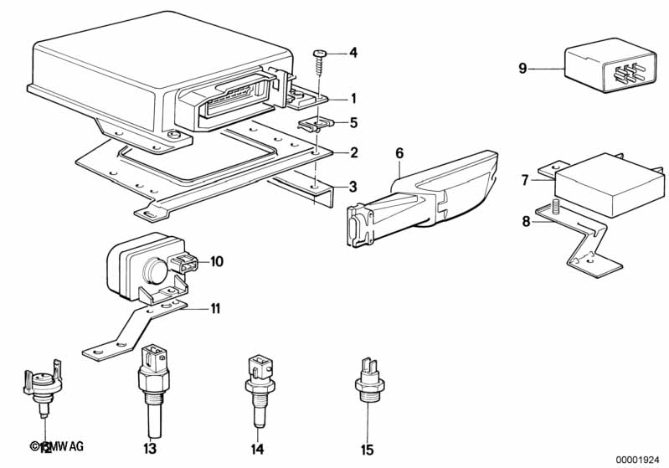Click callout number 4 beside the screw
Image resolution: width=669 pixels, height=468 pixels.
353,53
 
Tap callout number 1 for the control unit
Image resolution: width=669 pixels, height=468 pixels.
353,97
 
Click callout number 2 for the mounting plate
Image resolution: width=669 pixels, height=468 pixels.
353,152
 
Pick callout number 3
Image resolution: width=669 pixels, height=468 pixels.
353,186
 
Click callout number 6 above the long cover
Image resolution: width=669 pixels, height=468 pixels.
399,152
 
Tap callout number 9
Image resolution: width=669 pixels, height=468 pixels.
522,68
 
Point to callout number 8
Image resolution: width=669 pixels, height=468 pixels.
526,221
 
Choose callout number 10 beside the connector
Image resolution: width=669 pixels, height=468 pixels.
217,261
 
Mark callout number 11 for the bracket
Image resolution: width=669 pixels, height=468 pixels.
215,309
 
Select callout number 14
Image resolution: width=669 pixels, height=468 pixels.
258,450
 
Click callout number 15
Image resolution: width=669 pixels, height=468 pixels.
367,450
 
